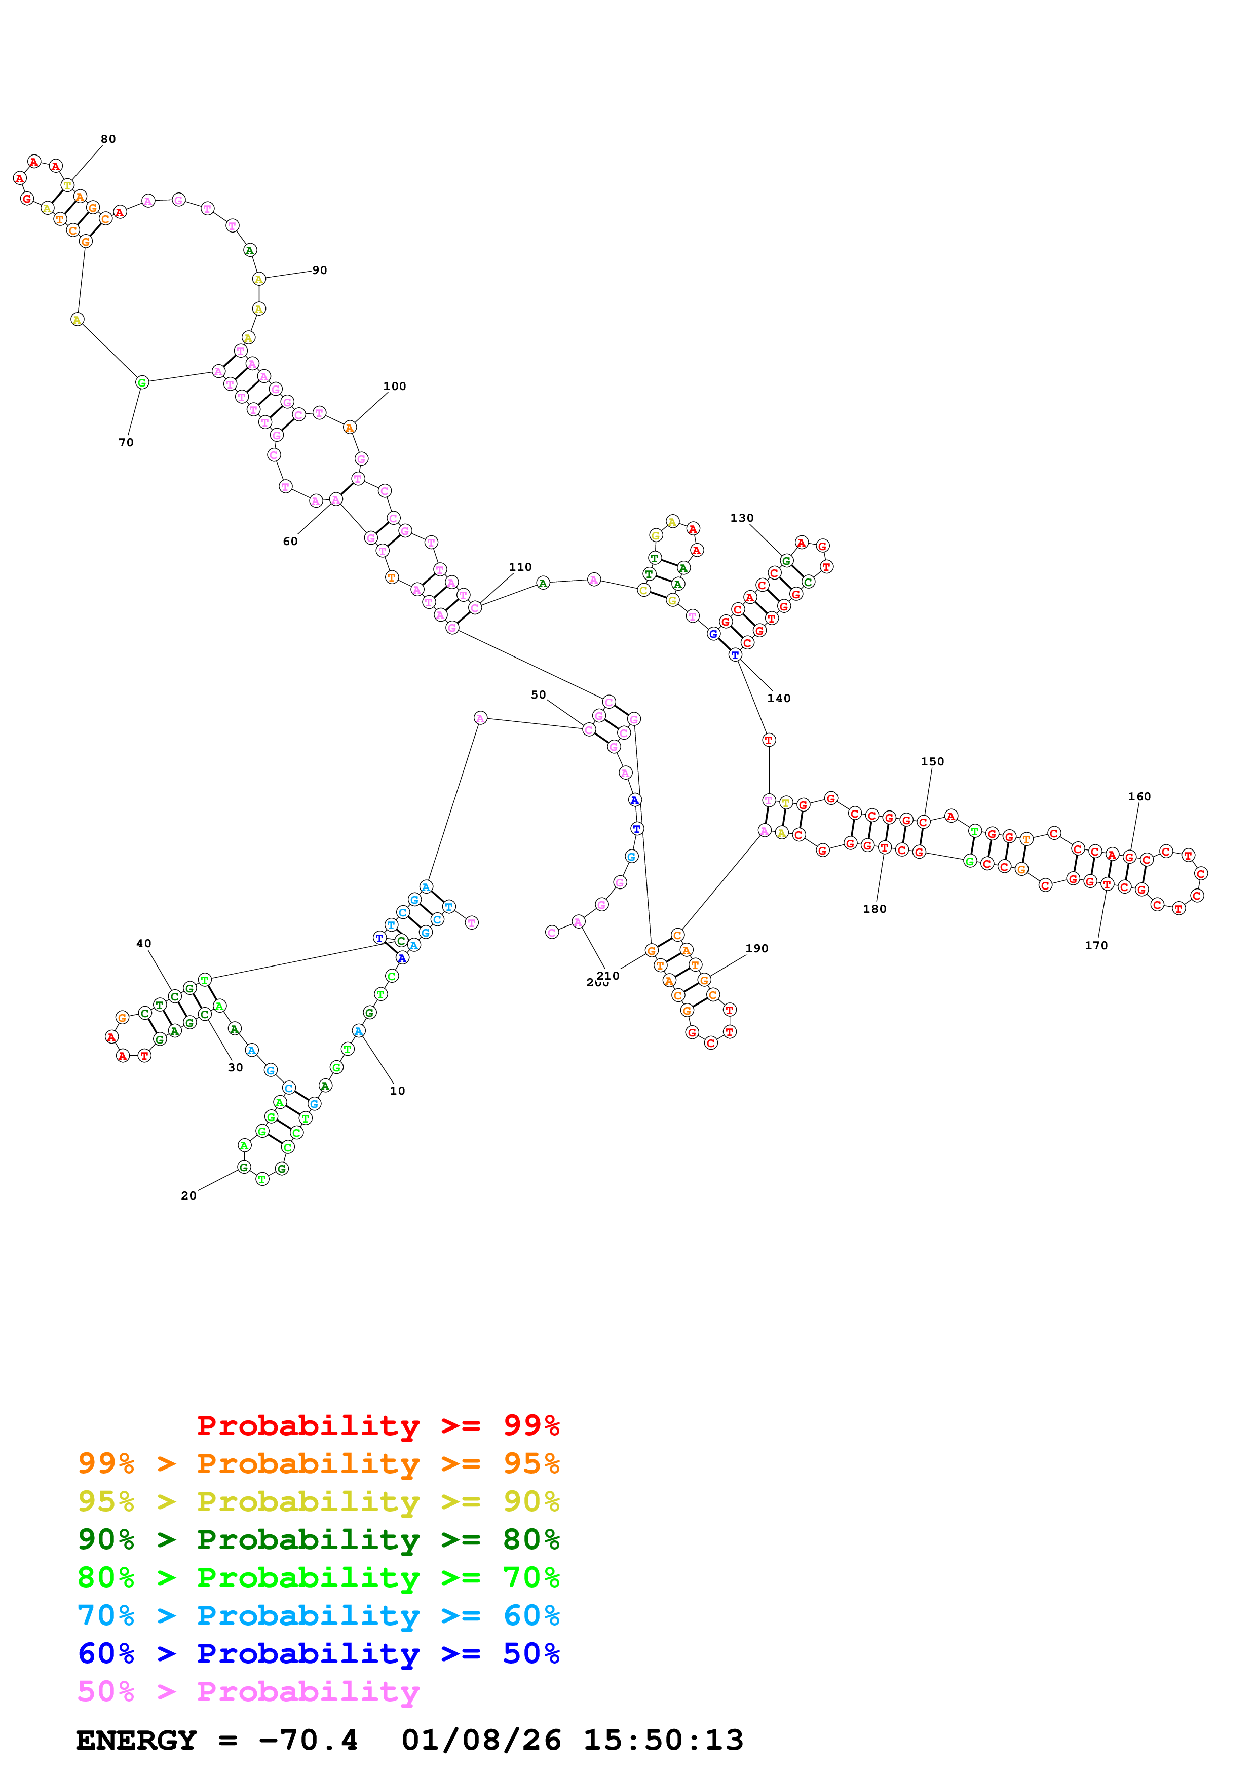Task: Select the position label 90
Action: (x=320, y=270)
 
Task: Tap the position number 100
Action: (x=395, y=386)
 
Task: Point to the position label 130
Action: (x=741, y=518)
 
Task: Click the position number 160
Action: (x=1139, y=796)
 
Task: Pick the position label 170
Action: (x=1096, y=945)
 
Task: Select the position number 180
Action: (x=874, y=909)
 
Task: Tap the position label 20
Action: (x=189, y=1196)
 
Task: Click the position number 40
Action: (x=144, y=943)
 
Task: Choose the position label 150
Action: (x=933, y=761)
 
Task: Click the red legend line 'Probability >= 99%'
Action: (x=377, y=1425)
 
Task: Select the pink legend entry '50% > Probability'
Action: (x=248, y=1691)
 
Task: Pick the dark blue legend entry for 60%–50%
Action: (x=319, y=1653)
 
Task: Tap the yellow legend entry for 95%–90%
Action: (x=319, y=1501)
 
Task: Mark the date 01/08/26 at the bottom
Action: (x=481, y=1740)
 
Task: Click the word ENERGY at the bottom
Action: (x=136, y=1740)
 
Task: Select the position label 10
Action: (x=397, y=1091)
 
